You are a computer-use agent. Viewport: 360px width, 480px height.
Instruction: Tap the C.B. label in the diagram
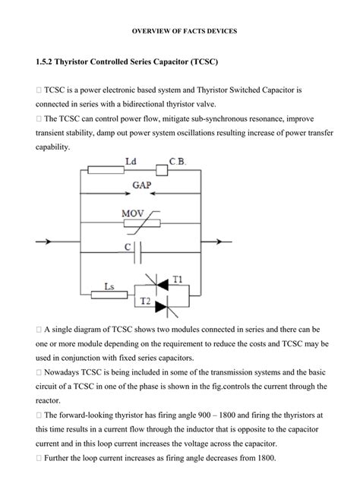point(179,161)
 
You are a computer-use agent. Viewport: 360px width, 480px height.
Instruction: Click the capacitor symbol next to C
point(141,248)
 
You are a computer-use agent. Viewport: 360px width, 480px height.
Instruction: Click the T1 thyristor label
point(177,278)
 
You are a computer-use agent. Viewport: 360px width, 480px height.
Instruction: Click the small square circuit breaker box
point(162,172)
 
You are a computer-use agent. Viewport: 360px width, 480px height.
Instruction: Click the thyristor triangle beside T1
point(162,282)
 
